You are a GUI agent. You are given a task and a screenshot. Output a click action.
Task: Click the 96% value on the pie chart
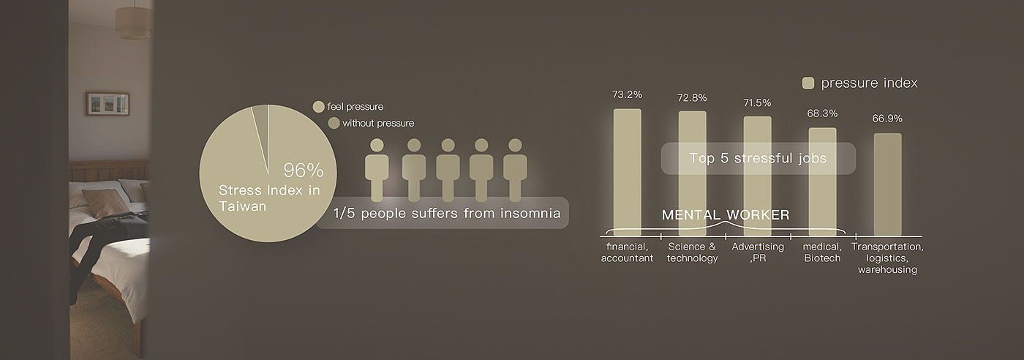304,170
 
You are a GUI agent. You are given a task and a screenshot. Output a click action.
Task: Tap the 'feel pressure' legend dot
319,107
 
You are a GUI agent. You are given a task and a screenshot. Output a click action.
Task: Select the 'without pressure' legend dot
334,123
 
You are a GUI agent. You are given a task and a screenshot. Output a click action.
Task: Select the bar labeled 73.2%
628,173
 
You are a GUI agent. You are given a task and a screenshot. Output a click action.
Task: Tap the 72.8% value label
692,98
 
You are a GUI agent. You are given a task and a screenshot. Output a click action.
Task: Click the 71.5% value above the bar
757,103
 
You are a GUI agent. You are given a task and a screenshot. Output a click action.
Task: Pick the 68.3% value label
822,113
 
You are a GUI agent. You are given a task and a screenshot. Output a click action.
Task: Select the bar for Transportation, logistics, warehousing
888,185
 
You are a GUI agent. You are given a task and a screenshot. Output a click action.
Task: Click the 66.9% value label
887,119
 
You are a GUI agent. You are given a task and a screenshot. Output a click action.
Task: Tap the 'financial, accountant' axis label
628,252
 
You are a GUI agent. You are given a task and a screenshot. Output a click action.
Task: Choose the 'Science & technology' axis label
692,252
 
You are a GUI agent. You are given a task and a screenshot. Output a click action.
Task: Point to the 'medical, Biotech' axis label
822,252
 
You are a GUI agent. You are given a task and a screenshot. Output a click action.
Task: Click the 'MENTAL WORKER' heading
726,215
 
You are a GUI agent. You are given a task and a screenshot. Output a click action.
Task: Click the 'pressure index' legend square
808,83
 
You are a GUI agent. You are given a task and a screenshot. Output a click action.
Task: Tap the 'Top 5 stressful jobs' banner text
758,158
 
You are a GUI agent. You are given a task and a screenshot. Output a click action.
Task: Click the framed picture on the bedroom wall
108,103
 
